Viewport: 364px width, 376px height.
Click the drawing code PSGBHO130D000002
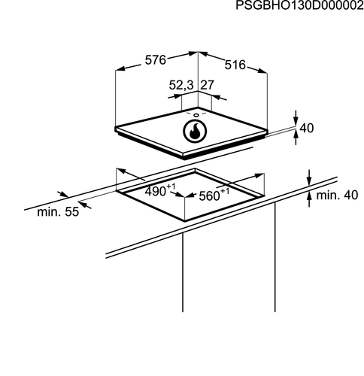299,5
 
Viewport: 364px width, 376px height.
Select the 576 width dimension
156,60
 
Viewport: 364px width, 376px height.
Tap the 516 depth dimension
235,65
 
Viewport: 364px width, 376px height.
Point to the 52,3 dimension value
181,85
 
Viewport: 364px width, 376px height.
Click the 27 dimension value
207,85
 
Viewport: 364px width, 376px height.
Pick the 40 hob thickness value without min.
307,128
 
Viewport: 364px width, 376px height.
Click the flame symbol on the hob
195,132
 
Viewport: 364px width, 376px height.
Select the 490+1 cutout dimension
160,190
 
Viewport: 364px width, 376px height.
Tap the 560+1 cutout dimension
214,195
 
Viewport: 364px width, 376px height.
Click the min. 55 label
58,212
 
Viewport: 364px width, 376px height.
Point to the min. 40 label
337,195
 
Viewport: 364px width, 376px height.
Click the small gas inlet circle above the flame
196,115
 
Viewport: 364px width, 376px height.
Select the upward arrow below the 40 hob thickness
296,138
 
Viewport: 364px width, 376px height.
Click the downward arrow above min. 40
309,177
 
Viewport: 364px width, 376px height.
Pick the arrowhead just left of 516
203,53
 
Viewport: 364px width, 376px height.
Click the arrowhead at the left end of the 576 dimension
120,68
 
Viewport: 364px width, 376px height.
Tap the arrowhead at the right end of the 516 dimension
262,71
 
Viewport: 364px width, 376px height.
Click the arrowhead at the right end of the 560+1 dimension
259,175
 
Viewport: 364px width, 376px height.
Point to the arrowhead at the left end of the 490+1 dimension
122,171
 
